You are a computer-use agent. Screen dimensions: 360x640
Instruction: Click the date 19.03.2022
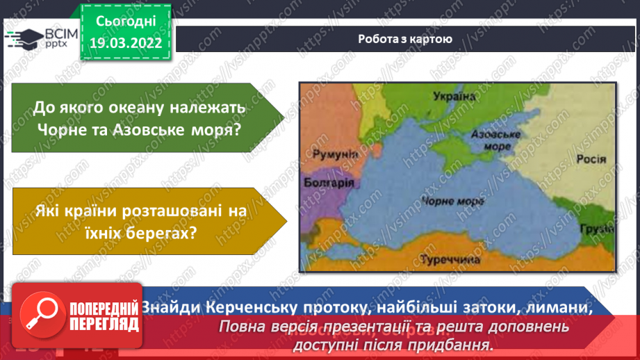pyautogui.click(x=125, y=43)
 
